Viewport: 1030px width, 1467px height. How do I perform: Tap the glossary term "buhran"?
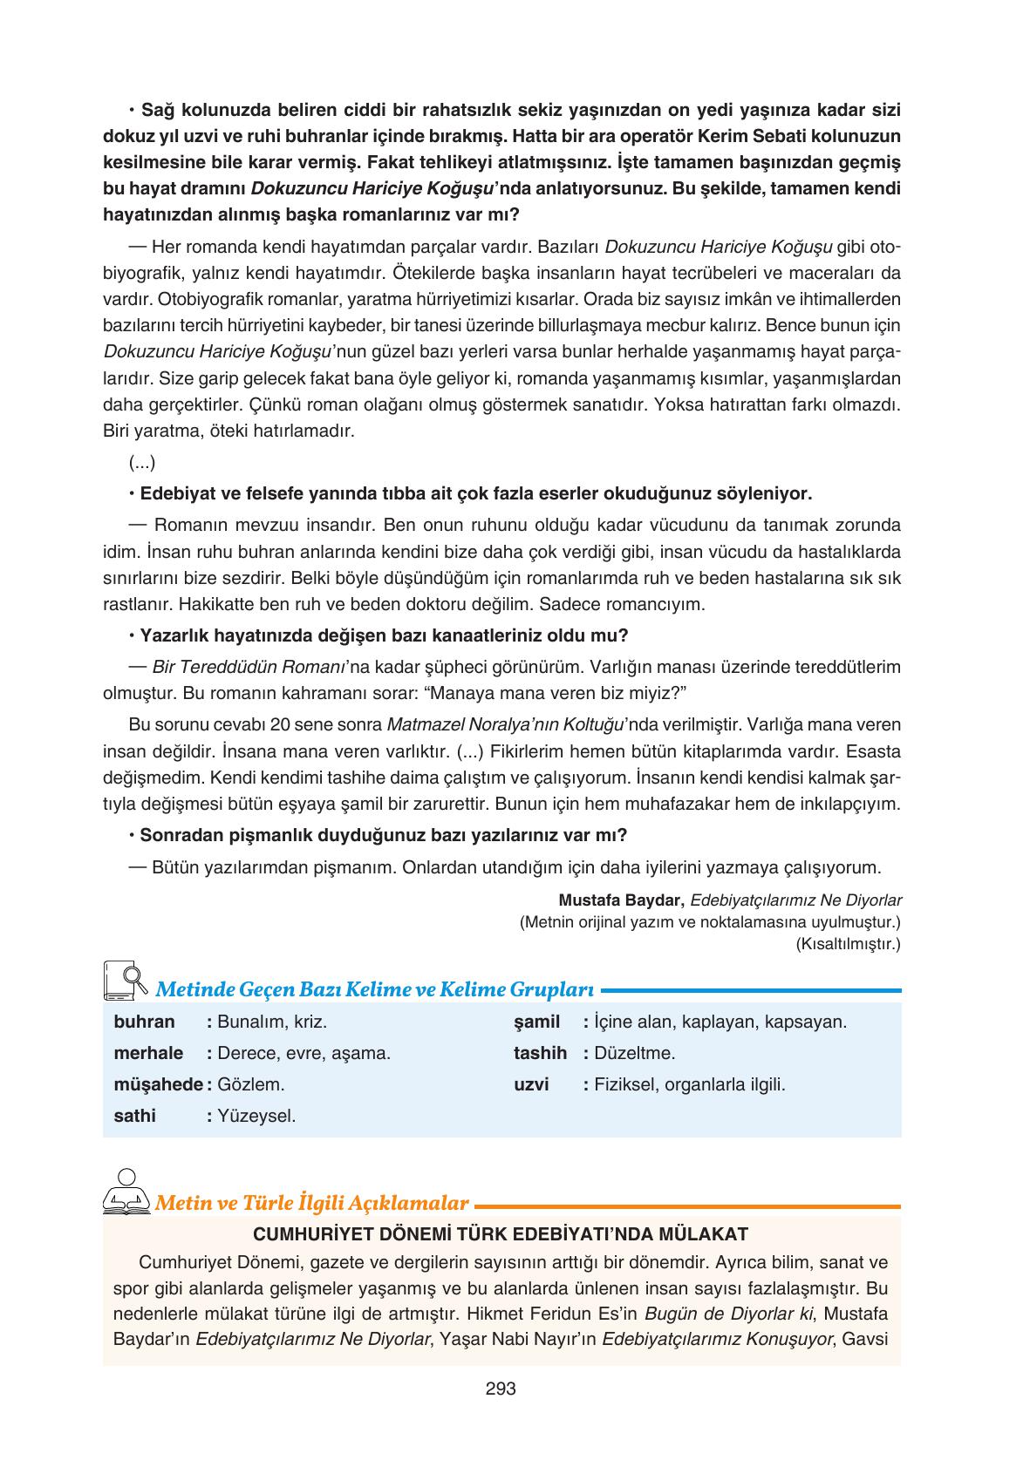144,1022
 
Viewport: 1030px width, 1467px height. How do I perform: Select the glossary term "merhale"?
148,1053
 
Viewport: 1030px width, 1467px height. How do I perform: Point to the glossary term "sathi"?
134,1116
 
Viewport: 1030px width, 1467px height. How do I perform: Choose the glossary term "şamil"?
536,1022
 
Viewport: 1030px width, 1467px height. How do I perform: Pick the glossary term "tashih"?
540,1053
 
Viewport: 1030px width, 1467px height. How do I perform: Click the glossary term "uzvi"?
531,1085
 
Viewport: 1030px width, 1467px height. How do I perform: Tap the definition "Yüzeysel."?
256,1116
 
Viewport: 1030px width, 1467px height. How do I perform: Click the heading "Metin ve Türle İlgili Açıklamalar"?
311,1204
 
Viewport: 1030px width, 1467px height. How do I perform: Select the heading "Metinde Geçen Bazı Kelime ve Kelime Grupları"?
374,990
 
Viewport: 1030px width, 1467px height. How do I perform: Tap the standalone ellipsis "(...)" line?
141,462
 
